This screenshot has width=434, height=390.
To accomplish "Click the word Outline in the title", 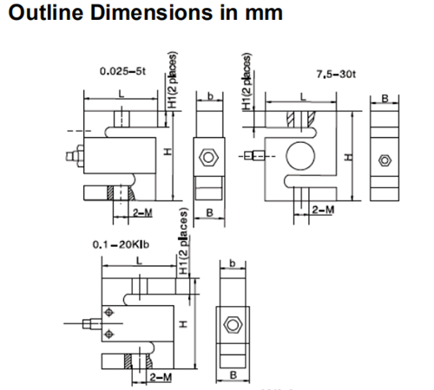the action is tap(46, 13).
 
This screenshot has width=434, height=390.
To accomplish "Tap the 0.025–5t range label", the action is tap(122, 71).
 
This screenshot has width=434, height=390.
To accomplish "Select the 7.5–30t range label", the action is tap(336, 75).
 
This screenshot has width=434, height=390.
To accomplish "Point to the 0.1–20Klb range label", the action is tap(121, 244).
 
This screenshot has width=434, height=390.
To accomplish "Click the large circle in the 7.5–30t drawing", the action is tap(300, 156).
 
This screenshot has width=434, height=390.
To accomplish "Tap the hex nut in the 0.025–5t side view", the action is tap(208, 158).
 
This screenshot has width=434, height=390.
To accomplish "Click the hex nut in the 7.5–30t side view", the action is tap(385, 160).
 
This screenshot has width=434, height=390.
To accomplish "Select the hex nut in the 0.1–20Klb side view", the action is tap(233, 324).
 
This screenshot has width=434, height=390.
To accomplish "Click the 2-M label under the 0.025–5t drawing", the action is tap(142, 213).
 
